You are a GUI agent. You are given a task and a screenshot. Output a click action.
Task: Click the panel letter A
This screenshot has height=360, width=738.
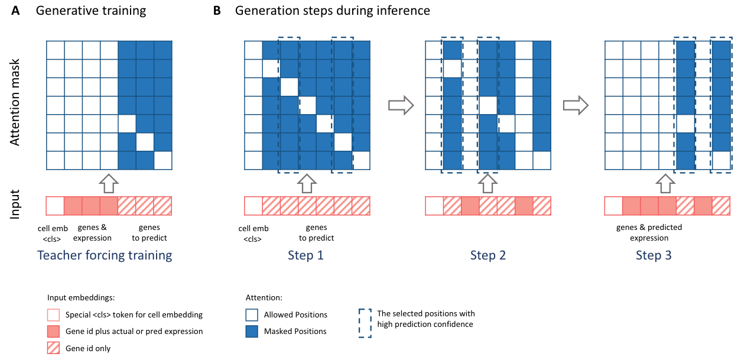pyautogui.click(x=15, y=11)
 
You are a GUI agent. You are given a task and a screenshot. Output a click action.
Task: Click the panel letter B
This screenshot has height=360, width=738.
pyautogui.click(x=217, y=11)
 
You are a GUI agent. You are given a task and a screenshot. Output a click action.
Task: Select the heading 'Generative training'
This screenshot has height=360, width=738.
pyautogui.click(x=91, y=11)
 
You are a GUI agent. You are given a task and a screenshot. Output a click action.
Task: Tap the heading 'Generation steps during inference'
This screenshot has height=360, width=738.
pyautogui.click(x=333, y=11)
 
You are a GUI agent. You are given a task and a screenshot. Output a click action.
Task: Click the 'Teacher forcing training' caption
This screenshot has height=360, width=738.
pyautogui.click(x=105, y=255)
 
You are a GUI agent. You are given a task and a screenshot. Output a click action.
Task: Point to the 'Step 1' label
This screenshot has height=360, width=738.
pyautogui.click(x=305, y=255)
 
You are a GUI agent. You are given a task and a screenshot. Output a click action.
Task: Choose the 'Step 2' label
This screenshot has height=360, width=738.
pyautogui.click(x=488, y=255)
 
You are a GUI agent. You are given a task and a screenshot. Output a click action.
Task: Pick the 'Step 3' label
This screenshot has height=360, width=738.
pyautogui.click(x=654, y=255)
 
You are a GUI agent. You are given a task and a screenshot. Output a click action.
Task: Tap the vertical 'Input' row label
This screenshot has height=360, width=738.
pyautogui.click(x=17, y=205)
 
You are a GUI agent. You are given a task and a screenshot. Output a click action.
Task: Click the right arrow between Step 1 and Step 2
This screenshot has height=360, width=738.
pyautogui.click(x=399, y=105)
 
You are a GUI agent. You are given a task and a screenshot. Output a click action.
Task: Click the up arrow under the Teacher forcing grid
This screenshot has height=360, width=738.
pyautogui.click(x=109, y=183)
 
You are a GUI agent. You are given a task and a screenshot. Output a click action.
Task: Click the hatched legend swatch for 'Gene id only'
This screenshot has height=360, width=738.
pyautogui.click(x=54, y=348)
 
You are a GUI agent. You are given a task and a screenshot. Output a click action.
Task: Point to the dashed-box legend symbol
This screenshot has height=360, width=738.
pyautogui.click(x=365, y=323)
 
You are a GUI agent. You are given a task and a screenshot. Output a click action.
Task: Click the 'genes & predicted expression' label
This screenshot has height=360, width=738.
pyautogui.click(x=649, y=232)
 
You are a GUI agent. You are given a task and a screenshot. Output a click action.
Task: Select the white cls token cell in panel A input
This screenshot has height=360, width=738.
pyautogui.click(x=55, y=205)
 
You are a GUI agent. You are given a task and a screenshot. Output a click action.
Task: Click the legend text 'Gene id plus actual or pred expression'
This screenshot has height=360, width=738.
pyautogui.click(x=134, y=331)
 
